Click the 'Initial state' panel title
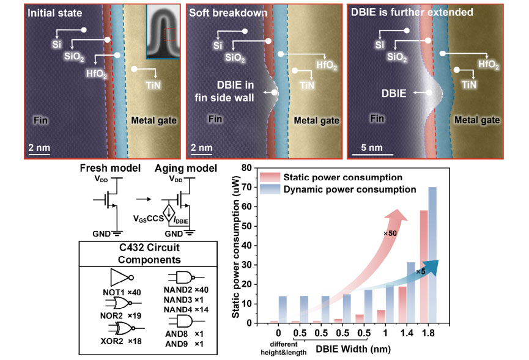tap(54, 13)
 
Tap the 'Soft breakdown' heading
tap(228, 13)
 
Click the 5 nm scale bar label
tap(372, 148)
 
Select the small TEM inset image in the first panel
tap(163, 32)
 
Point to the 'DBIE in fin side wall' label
tap(224, 91)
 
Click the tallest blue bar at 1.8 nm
tap(432, 255)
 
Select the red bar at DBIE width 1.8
tap(424, 267)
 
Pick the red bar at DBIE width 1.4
tap(402, 305)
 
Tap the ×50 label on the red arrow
tap(390, 233)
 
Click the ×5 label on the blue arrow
tap(420, 272)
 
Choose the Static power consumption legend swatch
tap(270, 177)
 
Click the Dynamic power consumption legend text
tap(350, 189)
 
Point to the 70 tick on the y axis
tap(247, 187)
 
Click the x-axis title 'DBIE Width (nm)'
tap(353, 349)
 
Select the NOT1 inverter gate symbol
tap(122, 277)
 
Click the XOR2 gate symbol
tap(125, 328)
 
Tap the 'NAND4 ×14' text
tap(186, 309)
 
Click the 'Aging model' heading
tap(185, 168)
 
